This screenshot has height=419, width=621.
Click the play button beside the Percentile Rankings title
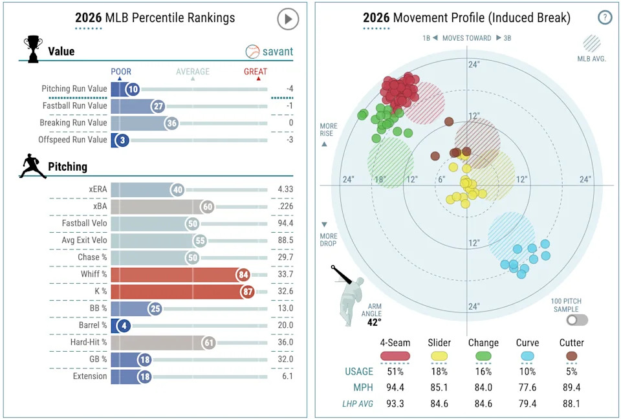click(x=288, y=19)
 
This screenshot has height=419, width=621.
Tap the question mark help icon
click(x=605, y=17)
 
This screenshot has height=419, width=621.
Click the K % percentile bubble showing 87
click(x=248, y=291)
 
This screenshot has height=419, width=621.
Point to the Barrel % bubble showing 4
click(x=120, y=325)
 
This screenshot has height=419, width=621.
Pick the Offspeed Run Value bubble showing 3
click(x=120, y=140)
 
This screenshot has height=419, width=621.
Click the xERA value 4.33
click(x=285, y=189)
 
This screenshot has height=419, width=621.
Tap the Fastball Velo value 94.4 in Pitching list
click(x=285, y=223)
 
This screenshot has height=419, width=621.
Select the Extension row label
click(x=91, y=376)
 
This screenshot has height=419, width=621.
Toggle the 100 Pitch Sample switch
click(x=576, y=320)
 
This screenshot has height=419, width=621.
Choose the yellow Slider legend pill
click(x=439, y=356)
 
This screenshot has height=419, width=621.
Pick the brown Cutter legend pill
click(x=571, y=356)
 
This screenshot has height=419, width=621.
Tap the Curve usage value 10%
click(x=528, y=371)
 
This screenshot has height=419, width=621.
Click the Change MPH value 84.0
click(x=483, y=388)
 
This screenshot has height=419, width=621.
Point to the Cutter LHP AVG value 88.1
click(x=571, y=404)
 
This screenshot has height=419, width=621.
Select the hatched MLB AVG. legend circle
click(x=591, y=43)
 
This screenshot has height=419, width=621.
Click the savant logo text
click(x=278, y=51)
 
